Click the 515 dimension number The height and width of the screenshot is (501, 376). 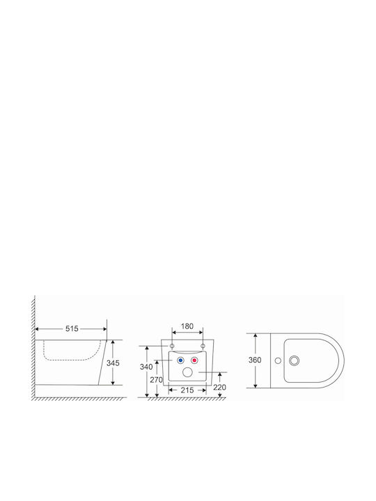[72, 328]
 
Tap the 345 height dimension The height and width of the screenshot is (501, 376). [113, 363]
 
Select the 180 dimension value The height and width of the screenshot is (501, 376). [187, 326]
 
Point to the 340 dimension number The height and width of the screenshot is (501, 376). [146, 367]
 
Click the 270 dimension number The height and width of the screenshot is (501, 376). [157, 380]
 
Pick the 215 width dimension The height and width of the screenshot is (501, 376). [187, 390]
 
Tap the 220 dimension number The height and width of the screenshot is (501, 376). [219, 388]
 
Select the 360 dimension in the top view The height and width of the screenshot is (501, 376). [255, 360]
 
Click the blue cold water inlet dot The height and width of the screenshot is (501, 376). [180, 360]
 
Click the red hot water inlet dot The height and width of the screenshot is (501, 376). [194, 360]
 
